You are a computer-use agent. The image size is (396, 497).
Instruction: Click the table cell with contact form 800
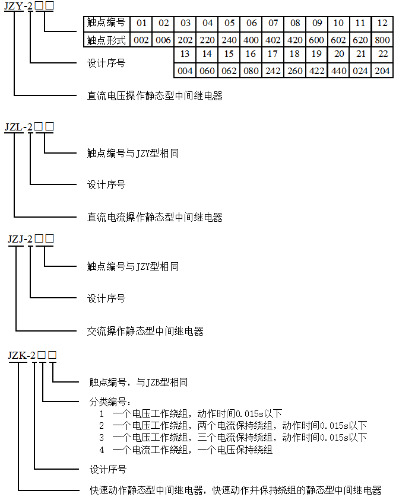(382, 40)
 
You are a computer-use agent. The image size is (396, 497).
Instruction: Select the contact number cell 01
(141, 23)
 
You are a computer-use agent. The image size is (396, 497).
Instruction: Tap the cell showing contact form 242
(273, 71)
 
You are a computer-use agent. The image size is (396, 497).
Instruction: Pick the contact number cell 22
(382, 54)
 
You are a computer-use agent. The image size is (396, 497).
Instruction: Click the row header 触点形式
(107, 40)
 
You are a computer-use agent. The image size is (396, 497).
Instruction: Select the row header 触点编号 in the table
(107, 23)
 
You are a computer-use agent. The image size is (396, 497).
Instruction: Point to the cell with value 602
(338, 40)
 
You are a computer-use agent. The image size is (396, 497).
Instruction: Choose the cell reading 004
(185, 71)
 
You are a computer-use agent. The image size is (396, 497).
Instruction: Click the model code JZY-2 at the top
(18, 6)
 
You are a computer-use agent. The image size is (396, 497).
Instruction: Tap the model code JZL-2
(18, 127)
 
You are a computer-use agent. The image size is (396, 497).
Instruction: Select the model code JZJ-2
(20, 238)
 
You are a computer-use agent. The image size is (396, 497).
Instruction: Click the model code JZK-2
(21, 355)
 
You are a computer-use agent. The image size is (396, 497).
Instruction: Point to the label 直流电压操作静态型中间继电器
(155, 95)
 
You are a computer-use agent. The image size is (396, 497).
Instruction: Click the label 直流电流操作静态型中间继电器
(155, 217)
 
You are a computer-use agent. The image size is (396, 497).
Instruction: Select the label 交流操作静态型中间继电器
(145, 331)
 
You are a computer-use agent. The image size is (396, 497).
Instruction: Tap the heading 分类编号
(110, 402)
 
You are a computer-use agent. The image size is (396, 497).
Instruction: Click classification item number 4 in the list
(102, 450)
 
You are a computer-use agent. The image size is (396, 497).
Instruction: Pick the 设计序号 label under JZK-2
(108, 469)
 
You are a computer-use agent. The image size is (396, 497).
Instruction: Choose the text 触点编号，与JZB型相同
(138, 382)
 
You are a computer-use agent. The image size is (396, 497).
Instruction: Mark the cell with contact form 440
(338, 71)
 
